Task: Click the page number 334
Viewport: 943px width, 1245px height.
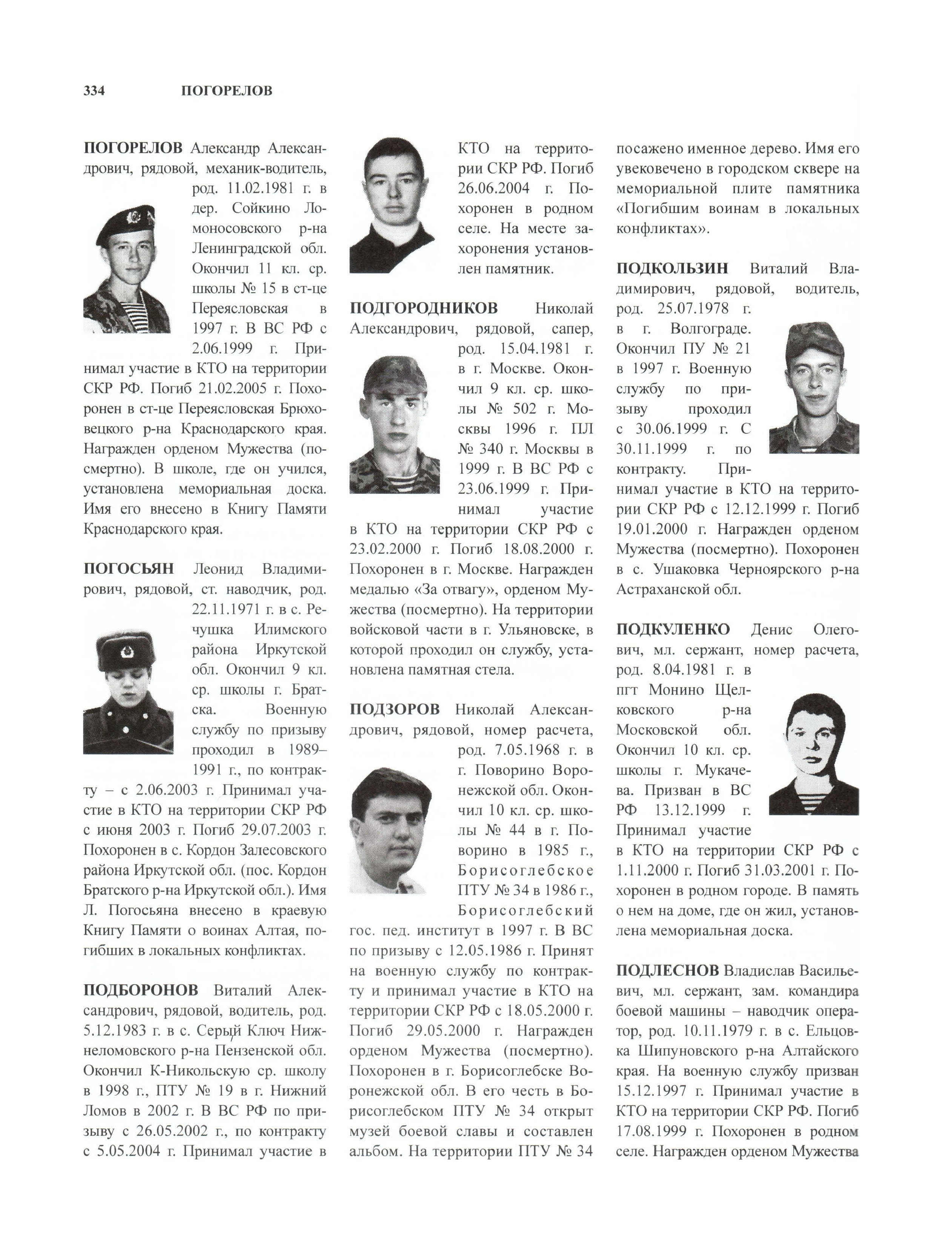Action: click(94, 91)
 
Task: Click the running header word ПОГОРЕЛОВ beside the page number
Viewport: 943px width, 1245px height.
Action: click(227, 91)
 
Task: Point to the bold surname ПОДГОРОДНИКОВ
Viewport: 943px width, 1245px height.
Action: click(424, 309)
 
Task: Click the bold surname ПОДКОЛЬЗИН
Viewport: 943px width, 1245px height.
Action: click(673, 269)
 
